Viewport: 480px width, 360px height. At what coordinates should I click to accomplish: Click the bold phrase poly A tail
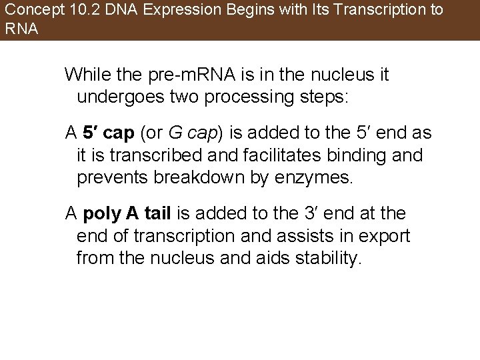coord(127,214)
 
